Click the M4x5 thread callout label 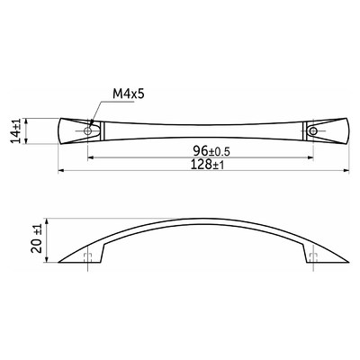[129, 94]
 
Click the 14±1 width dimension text [16, 130]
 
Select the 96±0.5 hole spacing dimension [211, 150]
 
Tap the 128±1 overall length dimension [207, 165]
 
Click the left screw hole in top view [87, 130]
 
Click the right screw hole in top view [313, 130]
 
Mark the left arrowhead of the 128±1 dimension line [61, 171]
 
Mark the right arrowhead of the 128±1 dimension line [346, 171]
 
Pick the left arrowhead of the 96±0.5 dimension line [91, 157]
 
